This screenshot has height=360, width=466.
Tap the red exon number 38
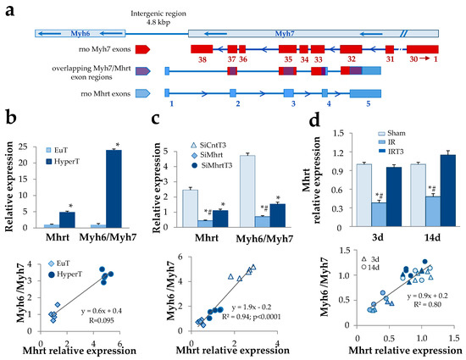(202, 60)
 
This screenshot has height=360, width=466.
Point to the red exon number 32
(350, 60)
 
